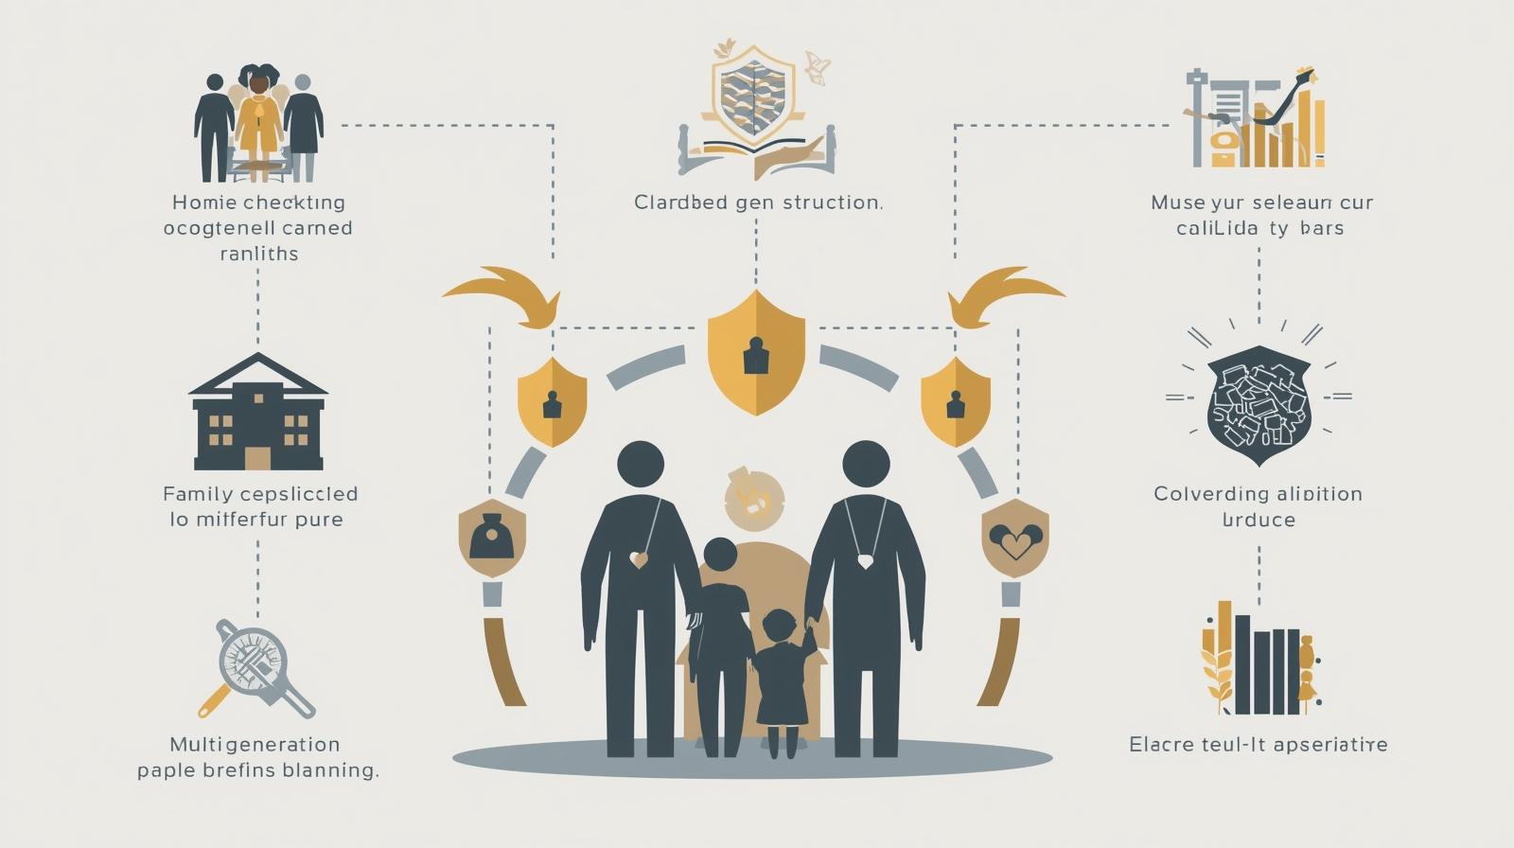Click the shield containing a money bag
click(x=490, y=539)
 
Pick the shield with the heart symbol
click(x=1015, y=539)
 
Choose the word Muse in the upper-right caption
click(x=1178, y=203)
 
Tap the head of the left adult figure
click(x=641, y=465)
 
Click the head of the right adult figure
click(x=866, y=465)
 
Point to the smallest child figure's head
click(x=779, y=627)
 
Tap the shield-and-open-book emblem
click(x=756, y=109)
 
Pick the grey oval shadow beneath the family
click(x=752, y=758)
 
